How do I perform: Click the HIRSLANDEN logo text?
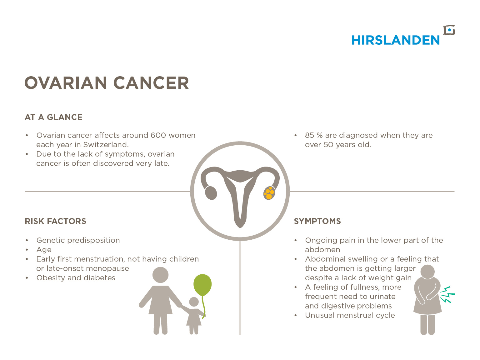tap(395, 40)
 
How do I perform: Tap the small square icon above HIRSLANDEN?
tap(449, 30)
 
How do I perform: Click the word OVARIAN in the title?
tap(66, 83)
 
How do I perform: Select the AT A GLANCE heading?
tap(53, 117)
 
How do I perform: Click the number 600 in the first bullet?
tap(158, 135)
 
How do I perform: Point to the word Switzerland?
tap(106, 145)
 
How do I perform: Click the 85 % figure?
tap(314, 135)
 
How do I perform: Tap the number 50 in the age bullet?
tap(328, 145)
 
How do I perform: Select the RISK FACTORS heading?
tap(56, 221)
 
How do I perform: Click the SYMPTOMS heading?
tap(317, 221)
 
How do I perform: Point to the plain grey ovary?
tap(211, 193)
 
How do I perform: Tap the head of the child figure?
tap(194, 302)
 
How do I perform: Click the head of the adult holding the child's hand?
tap(161, 275)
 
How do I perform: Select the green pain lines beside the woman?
tap(447, 295)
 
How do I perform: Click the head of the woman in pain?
tap(427, 272)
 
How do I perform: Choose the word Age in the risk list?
tap(44, 250)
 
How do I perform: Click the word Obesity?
tap(51, 278)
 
